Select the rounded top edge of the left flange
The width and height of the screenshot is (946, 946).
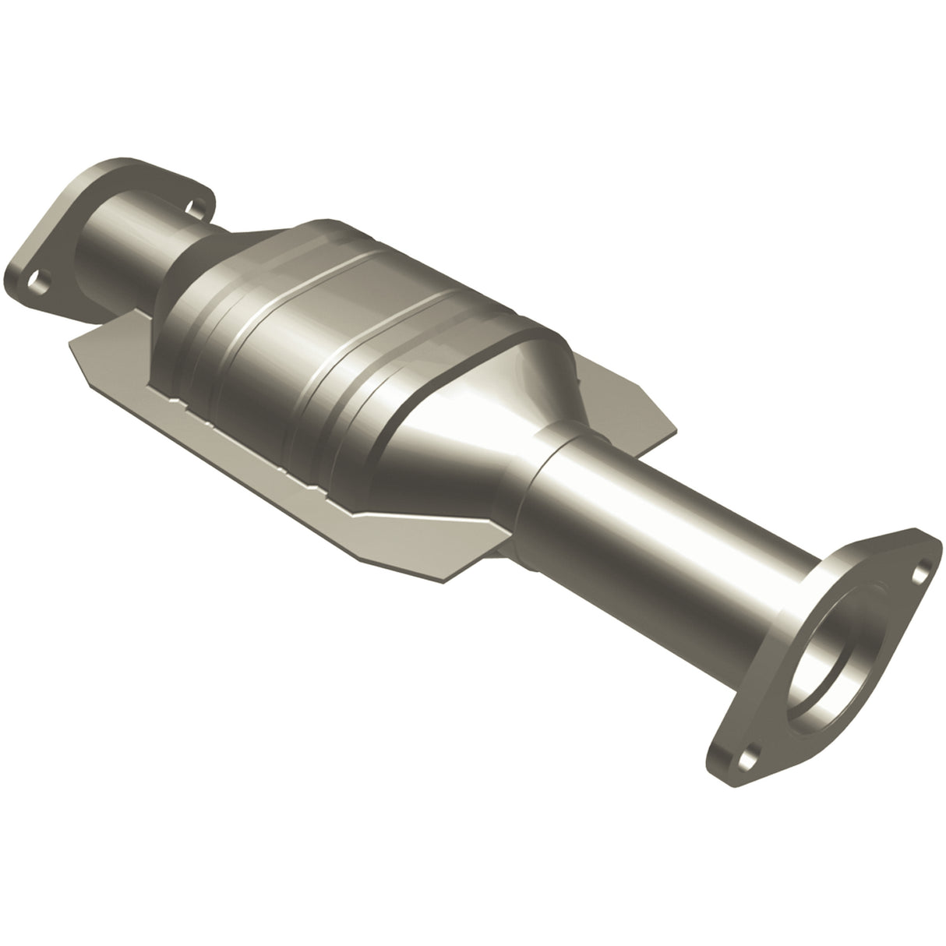click(125, 160)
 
